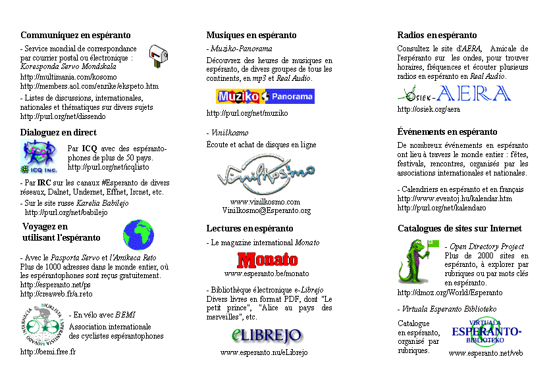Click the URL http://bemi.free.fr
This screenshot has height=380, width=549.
[x=48, y=352]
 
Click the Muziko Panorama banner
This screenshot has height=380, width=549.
[x=265, y=97]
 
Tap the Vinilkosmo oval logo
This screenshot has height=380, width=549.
[x=266, y=176]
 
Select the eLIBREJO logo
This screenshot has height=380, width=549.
[x=267, y=335]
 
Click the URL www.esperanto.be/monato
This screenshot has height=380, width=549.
[x=267, y=273]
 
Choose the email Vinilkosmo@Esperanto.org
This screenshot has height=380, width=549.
[x=266, y=210]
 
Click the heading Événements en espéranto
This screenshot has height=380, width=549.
[x=447, y=132]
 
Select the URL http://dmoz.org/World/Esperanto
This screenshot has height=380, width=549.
[x=450, y=293]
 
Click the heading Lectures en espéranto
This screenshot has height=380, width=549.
[x=249, y=229]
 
